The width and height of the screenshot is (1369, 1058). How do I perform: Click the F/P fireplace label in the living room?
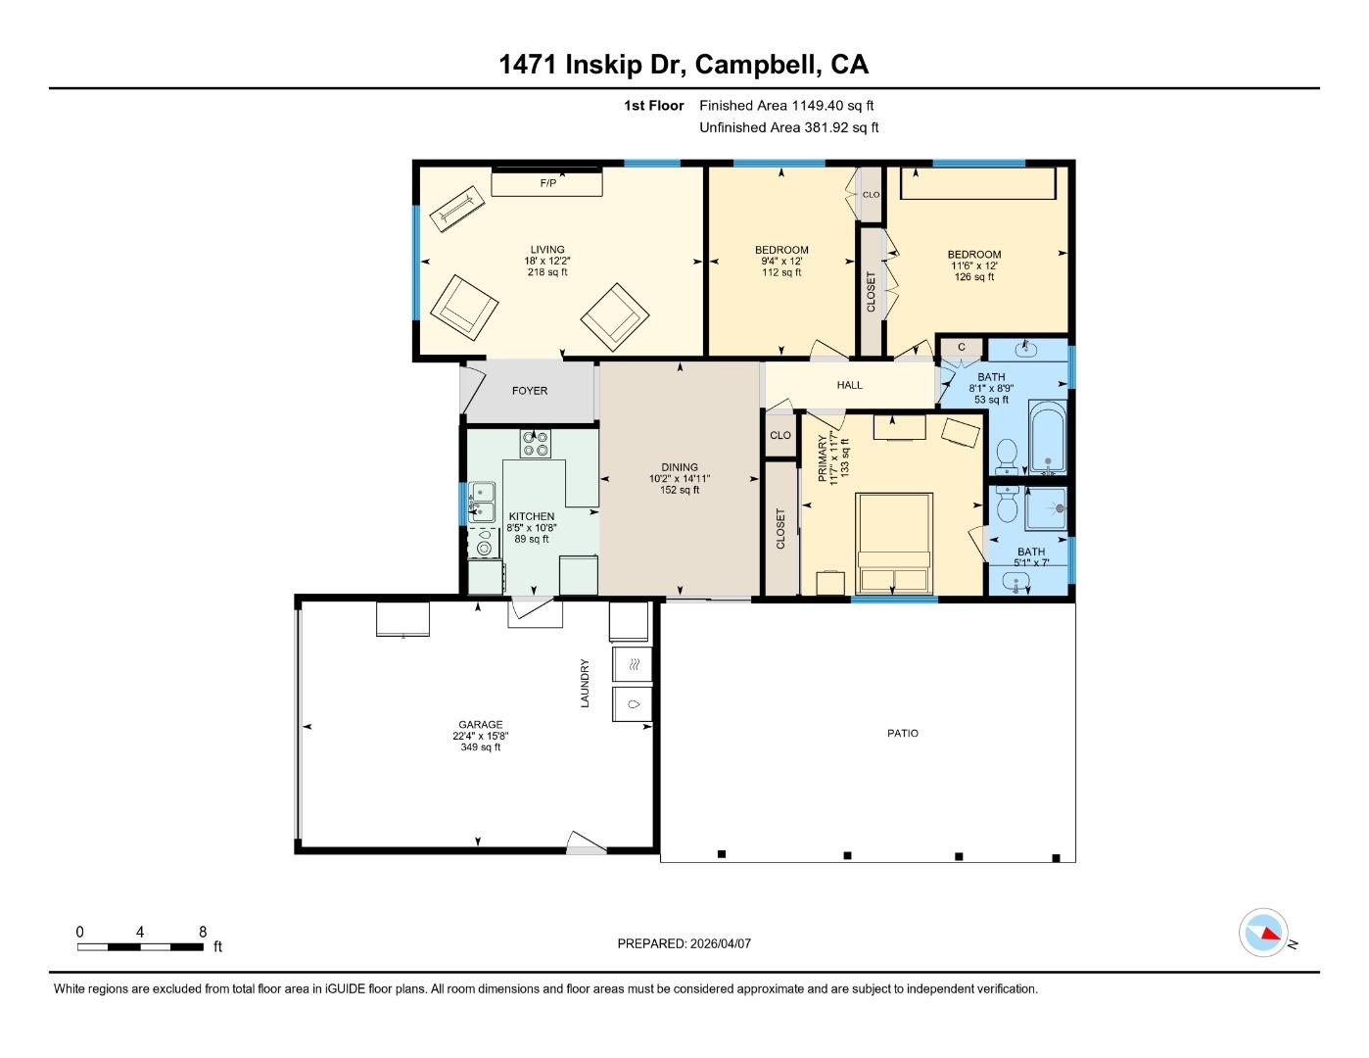tap(547, 183)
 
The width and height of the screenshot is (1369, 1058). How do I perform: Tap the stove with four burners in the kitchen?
tap(535, 444)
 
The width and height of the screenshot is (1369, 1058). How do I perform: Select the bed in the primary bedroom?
tap(893, 543)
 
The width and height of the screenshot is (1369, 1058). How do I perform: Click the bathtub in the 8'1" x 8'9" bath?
tap(1046, 441)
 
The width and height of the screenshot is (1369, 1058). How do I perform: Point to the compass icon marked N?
tap(1263, 933)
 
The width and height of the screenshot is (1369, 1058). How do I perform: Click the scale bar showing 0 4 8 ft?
tap(141, 946)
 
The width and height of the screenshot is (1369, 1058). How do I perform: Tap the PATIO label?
tap(902, 733)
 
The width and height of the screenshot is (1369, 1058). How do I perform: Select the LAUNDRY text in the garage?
tap(585, 683)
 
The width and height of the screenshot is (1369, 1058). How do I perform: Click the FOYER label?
tap(530, 391)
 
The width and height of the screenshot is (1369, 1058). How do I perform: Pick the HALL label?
tap(849, 385)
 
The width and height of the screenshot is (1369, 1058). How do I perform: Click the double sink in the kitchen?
tap(481, 502)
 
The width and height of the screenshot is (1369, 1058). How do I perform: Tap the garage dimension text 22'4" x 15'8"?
tap(480, 736)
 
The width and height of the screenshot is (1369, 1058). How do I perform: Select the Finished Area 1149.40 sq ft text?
tap(785, 105)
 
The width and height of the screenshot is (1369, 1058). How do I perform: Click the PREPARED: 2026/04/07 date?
tap(684, 943)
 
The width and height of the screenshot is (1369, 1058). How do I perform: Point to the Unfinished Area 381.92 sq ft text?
tap(788, 127)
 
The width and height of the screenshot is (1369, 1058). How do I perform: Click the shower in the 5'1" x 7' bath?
tap(1045, 509)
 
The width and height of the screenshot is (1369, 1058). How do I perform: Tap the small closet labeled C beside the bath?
tap(961, 347)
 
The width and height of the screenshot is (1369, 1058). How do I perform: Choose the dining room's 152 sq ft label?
tap(679, 490)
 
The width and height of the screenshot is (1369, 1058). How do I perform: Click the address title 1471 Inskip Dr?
tap(594, 65)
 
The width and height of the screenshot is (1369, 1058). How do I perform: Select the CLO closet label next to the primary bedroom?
tap(780, 435)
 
